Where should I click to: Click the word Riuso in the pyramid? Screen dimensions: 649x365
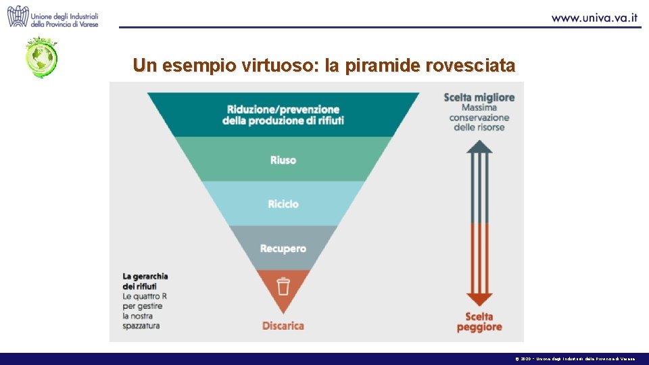coord(283,160)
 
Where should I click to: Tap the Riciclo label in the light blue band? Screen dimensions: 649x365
coord(283,204)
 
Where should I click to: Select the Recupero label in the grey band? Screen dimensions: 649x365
coord(283,249)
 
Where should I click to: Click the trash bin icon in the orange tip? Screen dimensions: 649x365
coord(283,287)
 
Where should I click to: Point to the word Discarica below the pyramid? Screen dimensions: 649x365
coord(283,326)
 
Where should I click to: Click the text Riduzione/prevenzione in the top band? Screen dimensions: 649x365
coord(283,109)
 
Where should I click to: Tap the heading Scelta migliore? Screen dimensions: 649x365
coord(479,97)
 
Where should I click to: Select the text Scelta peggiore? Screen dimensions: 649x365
coord(479,322)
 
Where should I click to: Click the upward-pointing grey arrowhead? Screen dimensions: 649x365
coord(479,146)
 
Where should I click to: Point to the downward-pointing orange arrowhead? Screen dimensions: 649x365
coord(479,299)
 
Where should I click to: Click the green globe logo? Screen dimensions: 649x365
coord(42,58)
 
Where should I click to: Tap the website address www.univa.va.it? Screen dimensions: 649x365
coord(595,18)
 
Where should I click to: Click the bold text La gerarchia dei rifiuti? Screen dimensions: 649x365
coord(145,281)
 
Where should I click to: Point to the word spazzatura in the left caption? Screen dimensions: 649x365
coord(142,326)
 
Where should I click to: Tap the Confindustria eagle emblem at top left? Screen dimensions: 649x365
coord(18,16)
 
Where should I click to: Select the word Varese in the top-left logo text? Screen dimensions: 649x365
coord(87,24)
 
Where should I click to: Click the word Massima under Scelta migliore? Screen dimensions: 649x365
coord(479,107)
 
